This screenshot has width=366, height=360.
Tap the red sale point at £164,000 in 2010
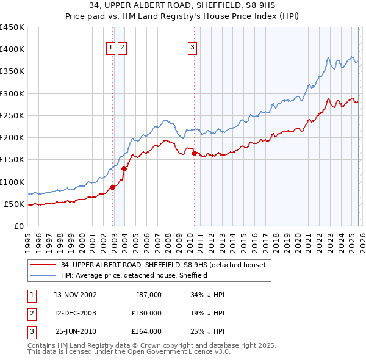click(194, 154)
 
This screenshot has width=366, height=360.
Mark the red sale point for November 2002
click(112, 187)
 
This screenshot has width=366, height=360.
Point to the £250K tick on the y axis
click(12, 116)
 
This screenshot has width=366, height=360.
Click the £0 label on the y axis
click(18, 226)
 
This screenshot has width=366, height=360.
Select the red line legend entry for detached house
click(163, 265)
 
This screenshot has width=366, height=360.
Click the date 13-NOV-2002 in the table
click(75, 295)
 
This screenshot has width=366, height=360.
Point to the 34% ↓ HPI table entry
click(208, 295)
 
